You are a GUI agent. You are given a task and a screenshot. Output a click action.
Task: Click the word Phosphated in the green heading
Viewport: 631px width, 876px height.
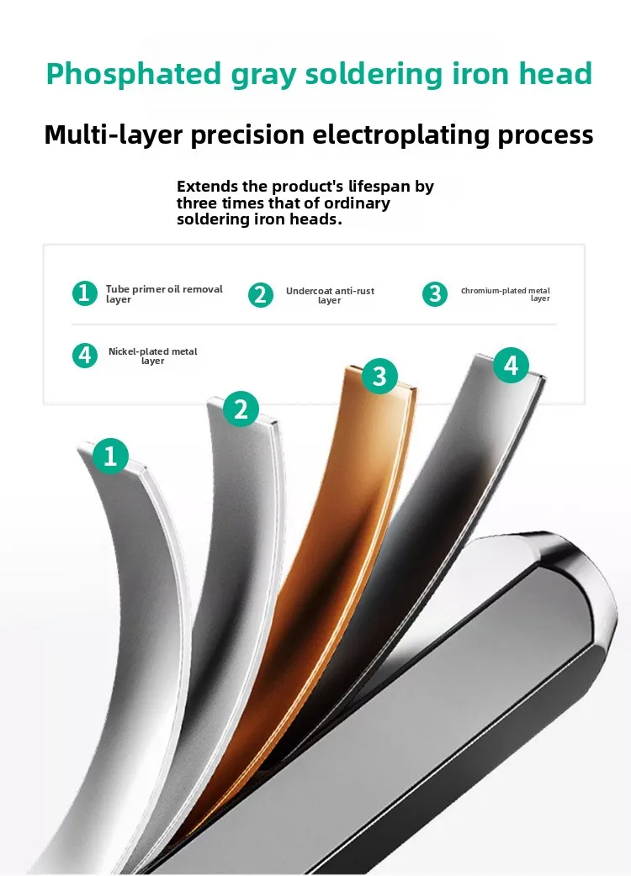coord(134,75)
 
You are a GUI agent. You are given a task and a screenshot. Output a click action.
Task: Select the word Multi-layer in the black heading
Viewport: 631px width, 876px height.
coord(114,135)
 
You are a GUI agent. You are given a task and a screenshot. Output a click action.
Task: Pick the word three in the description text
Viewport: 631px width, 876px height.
coord(197,203)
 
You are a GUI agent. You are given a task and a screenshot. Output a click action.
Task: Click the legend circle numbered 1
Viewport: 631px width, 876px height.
coord(85,293)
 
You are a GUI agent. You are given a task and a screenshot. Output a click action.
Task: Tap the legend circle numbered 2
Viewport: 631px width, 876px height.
coord(261,295)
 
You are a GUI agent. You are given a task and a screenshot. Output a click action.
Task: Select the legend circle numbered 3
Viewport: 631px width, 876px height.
coord(435,294)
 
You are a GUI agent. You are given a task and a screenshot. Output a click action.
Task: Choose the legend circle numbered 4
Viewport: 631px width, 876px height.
coord(85,356)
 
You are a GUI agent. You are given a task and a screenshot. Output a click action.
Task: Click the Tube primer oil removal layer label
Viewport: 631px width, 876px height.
coord(164,294)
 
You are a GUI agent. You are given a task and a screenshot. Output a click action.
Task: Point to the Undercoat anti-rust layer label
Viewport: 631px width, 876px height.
coord(330,295)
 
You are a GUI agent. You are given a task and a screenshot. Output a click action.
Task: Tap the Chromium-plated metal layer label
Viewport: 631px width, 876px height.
coord(506,294)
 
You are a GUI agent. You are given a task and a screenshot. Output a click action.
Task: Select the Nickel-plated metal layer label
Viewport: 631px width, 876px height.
coord(152,356)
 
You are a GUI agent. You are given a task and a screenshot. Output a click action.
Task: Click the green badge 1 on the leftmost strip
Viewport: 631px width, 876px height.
coord(110,456)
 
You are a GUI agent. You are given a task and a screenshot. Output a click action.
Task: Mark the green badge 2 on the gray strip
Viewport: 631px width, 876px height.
coord(241,409)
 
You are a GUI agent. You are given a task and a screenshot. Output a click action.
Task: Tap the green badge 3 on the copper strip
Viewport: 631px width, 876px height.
coord(379,376)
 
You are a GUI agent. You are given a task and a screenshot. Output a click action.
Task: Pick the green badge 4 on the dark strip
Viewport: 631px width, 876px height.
coord(511,366)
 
